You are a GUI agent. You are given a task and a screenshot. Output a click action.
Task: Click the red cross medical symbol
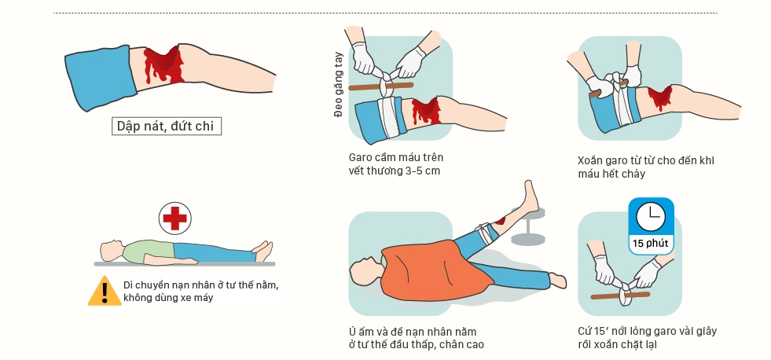175,218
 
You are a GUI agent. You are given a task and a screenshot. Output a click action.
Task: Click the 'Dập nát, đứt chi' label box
166,126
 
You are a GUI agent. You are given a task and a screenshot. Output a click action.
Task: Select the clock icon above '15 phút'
651,216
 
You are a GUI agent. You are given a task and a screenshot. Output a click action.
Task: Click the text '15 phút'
651,243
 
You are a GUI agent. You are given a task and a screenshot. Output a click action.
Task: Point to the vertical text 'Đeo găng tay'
338,85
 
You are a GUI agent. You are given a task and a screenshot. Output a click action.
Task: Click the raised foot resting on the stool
530,196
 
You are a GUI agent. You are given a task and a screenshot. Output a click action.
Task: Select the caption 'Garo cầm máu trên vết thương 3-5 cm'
396,163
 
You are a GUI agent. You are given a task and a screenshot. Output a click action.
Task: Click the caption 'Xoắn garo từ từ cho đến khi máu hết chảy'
645,167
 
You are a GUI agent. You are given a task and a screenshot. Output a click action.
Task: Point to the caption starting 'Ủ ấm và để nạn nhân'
416,338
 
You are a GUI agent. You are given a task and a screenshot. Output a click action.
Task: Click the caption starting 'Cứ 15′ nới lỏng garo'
647,337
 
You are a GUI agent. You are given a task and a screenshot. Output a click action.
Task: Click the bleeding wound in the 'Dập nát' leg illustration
163,64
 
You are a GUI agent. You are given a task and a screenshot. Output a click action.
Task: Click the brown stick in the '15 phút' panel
620,296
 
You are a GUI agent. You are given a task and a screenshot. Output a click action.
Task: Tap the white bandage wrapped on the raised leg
483,233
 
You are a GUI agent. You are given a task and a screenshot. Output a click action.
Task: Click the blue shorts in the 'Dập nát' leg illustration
101,77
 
